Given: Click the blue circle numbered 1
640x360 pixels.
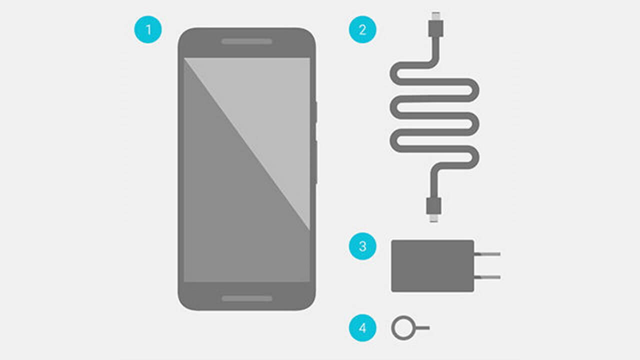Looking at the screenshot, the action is tap(148, 29).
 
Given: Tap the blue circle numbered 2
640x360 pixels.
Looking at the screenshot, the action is tap(362, 29).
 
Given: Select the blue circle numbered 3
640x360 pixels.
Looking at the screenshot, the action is tap(362, 246).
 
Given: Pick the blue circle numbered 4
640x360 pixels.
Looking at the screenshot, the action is tap(362, 327).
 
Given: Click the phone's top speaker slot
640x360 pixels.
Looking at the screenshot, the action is tap(246, 41).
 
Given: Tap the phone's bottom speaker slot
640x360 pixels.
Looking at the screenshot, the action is tap(247, 298).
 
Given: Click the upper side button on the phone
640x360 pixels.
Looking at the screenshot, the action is tap(316, 112).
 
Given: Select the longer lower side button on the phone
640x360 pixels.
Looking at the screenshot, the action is tap(316, 162).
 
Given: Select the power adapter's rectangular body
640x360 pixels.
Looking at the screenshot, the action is tap(432, 266).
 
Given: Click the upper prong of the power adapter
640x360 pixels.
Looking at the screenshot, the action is tap(487, 254).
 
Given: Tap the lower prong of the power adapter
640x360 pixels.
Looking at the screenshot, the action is tap(487, 277).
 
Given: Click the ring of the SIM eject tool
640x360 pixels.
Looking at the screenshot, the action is tap(392, 328).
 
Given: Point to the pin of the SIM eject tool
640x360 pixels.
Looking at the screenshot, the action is tap(422, 328).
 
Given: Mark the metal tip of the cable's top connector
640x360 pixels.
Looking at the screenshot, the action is tap(436, 16).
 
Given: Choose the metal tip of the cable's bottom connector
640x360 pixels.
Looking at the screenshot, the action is tap(433, 218).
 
